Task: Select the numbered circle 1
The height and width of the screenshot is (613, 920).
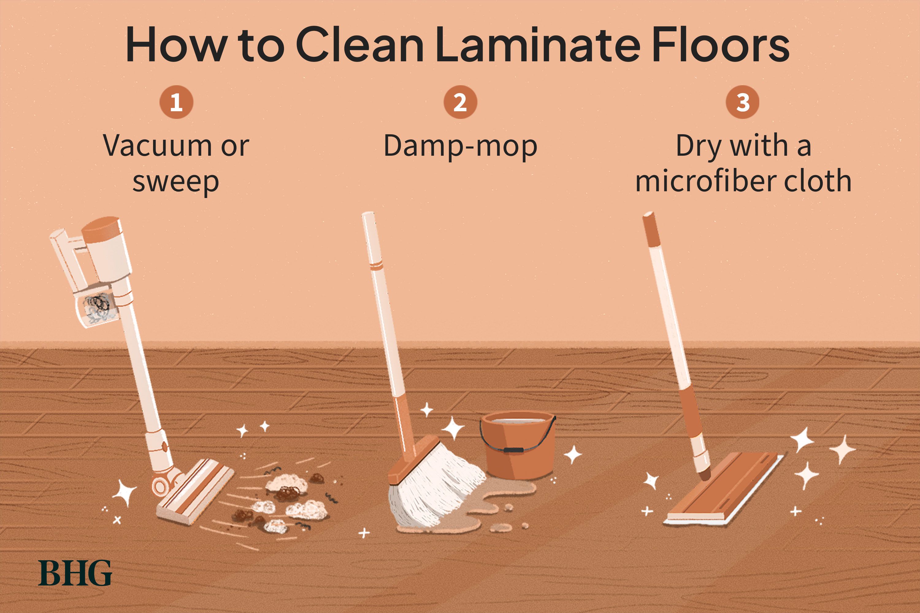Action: coord(176,102)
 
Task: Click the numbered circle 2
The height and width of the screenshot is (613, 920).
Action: coord(460,102)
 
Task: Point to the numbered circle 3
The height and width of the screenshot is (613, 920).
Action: coord(742,102)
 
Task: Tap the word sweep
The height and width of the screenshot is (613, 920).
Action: coord(176,182)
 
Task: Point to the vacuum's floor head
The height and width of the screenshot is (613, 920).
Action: coord(196,493)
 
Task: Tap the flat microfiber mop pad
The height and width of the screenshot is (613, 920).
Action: coord(724,489)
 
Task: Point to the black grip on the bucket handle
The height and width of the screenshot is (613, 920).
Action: coord(512,450)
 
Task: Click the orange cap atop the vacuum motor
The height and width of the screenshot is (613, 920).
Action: coord(101,230)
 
